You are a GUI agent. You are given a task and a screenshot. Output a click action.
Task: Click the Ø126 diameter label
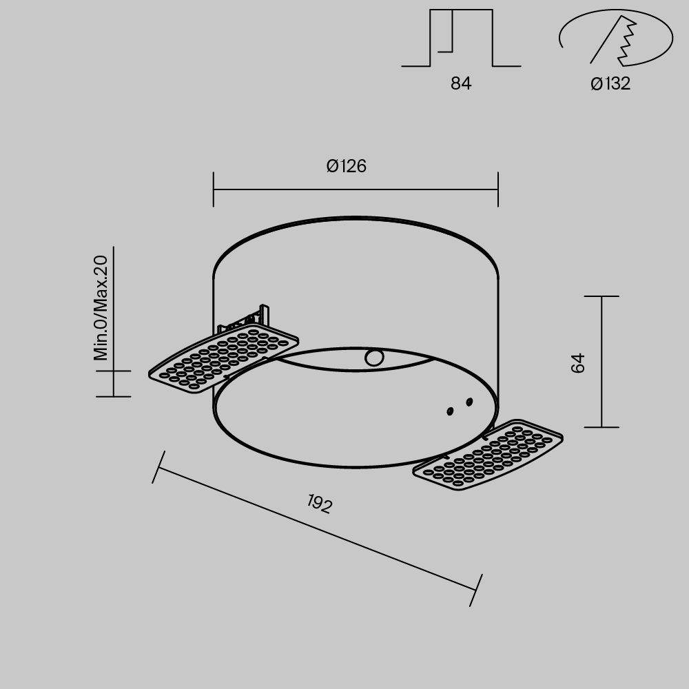pyautogui.click(x=347, y=166)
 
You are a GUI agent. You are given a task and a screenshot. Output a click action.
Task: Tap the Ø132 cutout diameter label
pyautogui.click(x=610, y=84)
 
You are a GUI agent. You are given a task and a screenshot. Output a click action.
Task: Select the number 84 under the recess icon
pyautogui.click(x=461, y=84)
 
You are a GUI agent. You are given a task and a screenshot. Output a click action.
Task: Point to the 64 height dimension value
pyautogui.click(x=579, y=362)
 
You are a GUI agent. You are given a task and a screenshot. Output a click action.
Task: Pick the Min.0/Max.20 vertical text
pyautogui.click(x=101, y=307)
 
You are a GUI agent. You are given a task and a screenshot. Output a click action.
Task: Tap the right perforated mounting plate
pyautogui.click(x=488, y=454)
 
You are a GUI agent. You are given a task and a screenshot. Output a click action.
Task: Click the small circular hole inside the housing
pyautogui.click(x=374, y=358)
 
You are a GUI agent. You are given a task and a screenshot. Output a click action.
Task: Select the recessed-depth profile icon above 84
pyautogui.click(x=460, y=39)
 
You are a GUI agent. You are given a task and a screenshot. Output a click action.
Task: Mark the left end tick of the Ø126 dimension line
pyautogui.click(x=214, y=189)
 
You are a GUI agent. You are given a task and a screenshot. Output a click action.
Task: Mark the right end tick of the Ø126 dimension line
pyautogui.click(x=498, y=189)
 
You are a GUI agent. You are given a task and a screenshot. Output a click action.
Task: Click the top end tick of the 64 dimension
pyautogui.click(x=601, y=296)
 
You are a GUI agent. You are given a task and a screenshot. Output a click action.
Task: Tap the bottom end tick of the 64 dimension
pyautogui.click(x=601, y=427)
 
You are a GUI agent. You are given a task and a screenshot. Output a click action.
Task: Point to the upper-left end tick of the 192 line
pyautogui.click(x=158, y=467)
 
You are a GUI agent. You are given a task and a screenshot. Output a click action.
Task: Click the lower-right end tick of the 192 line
pyautogui.click(x=476, y=590)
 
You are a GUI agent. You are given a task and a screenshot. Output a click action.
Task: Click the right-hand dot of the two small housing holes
pyautogui.click(x=469, y=402)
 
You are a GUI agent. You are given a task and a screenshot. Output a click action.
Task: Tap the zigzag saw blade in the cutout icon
pyautogui.click(x=628, y=41)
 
